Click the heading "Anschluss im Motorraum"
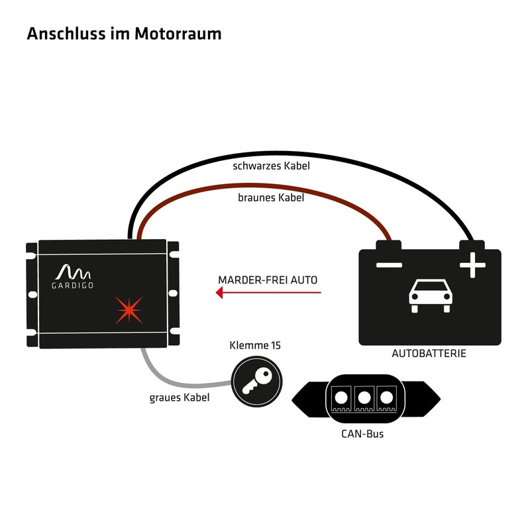[124, 34]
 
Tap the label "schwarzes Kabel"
[271, 166]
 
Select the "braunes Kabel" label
[271, 197]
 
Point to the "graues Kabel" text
[180, 397]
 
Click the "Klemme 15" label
[255, 345]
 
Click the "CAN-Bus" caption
[362, 434]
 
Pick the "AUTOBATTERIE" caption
[429, 354]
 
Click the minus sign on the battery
[389, 265]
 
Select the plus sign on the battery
[472, 265]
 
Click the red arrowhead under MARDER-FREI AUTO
[219, 292]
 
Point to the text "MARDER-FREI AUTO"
[268, 280]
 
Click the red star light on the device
[129, 310]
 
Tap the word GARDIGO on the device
[72, 286]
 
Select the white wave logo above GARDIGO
[73, 272]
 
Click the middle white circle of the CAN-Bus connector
[364, 398]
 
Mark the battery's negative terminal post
[389, 245]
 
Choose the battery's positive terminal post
[472, 245]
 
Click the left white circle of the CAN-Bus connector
[341, 398]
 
